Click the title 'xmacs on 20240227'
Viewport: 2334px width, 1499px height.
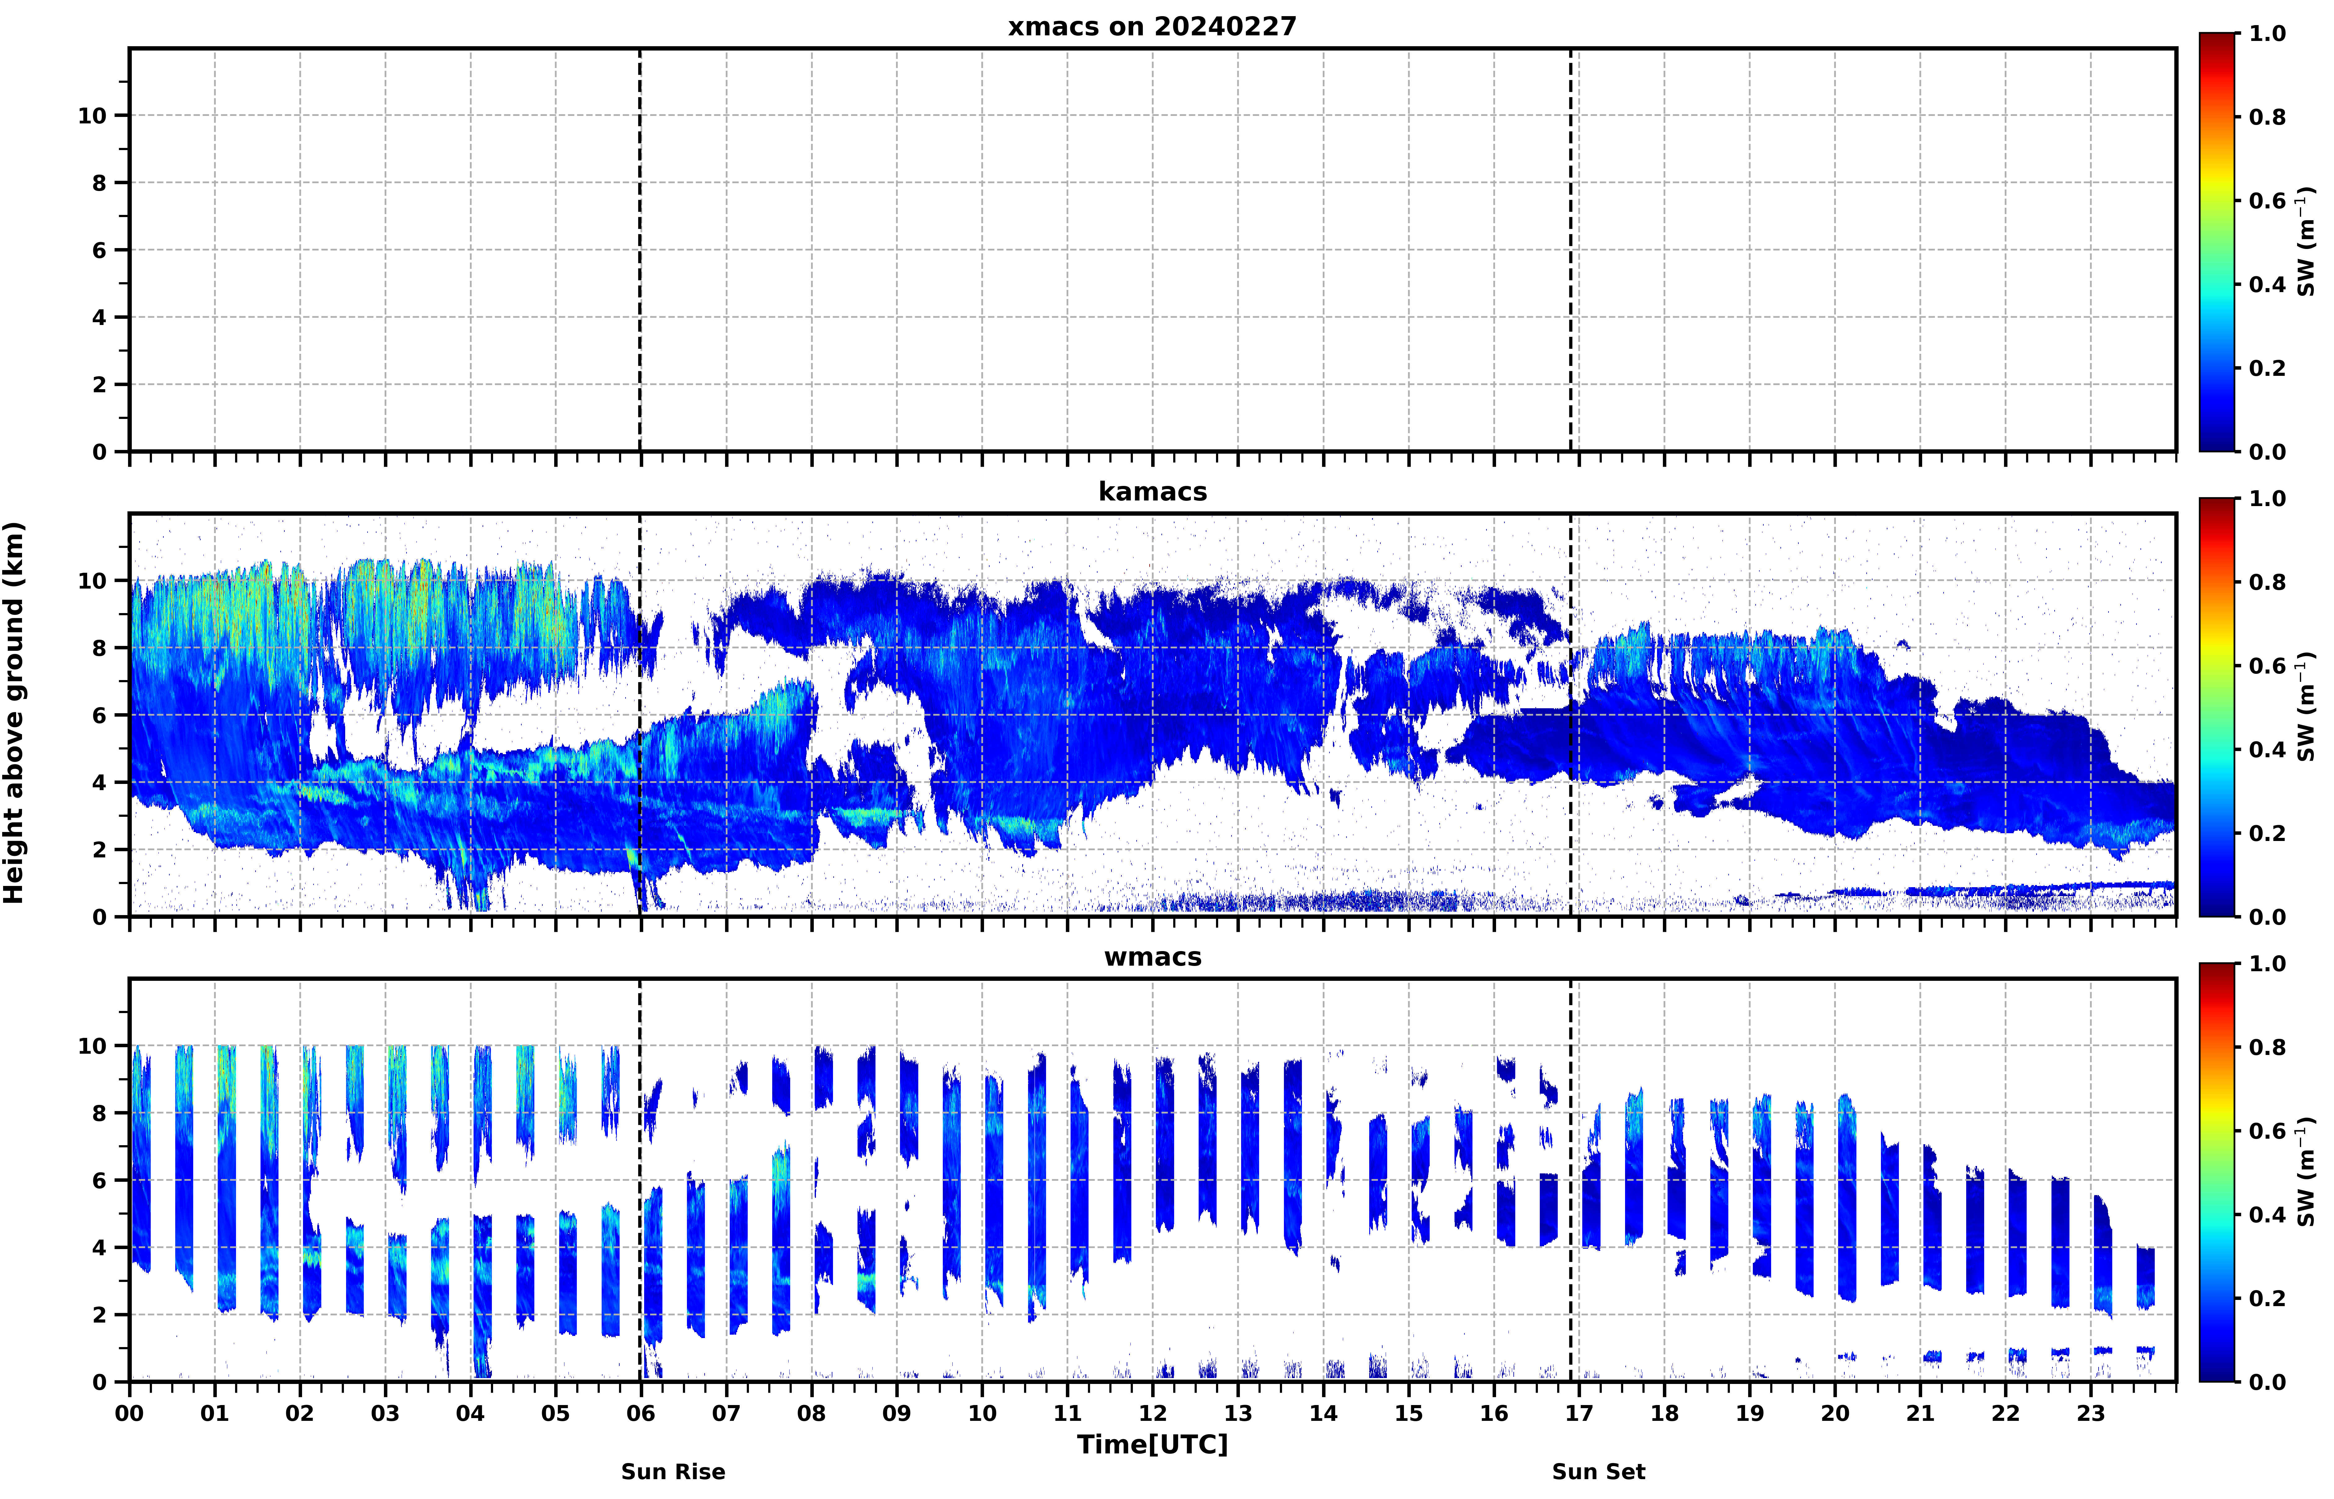pos(1152,26)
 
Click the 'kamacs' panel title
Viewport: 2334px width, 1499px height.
pos(1152,492)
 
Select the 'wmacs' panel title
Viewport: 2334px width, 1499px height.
pos(1152,957)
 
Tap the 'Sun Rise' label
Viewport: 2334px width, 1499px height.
pos(673,1471)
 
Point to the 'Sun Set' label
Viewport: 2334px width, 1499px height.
pos(1598,1471)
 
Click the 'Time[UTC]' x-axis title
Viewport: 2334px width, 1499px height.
pos(1152,1443)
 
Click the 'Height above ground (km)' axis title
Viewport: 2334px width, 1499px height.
pos(14,713)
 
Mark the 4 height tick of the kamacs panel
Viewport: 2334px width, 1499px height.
pos(99,783)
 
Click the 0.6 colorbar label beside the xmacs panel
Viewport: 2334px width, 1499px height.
pos(2267,201)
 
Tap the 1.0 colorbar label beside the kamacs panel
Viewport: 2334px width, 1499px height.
pos(2267,498)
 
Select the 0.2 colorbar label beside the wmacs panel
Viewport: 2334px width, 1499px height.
pos(2267,1298)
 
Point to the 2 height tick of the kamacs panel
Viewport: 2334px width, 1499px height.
pos(99,850)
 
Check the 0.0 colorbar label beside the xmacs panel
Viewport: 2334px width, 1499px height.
pos(2267,451)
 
